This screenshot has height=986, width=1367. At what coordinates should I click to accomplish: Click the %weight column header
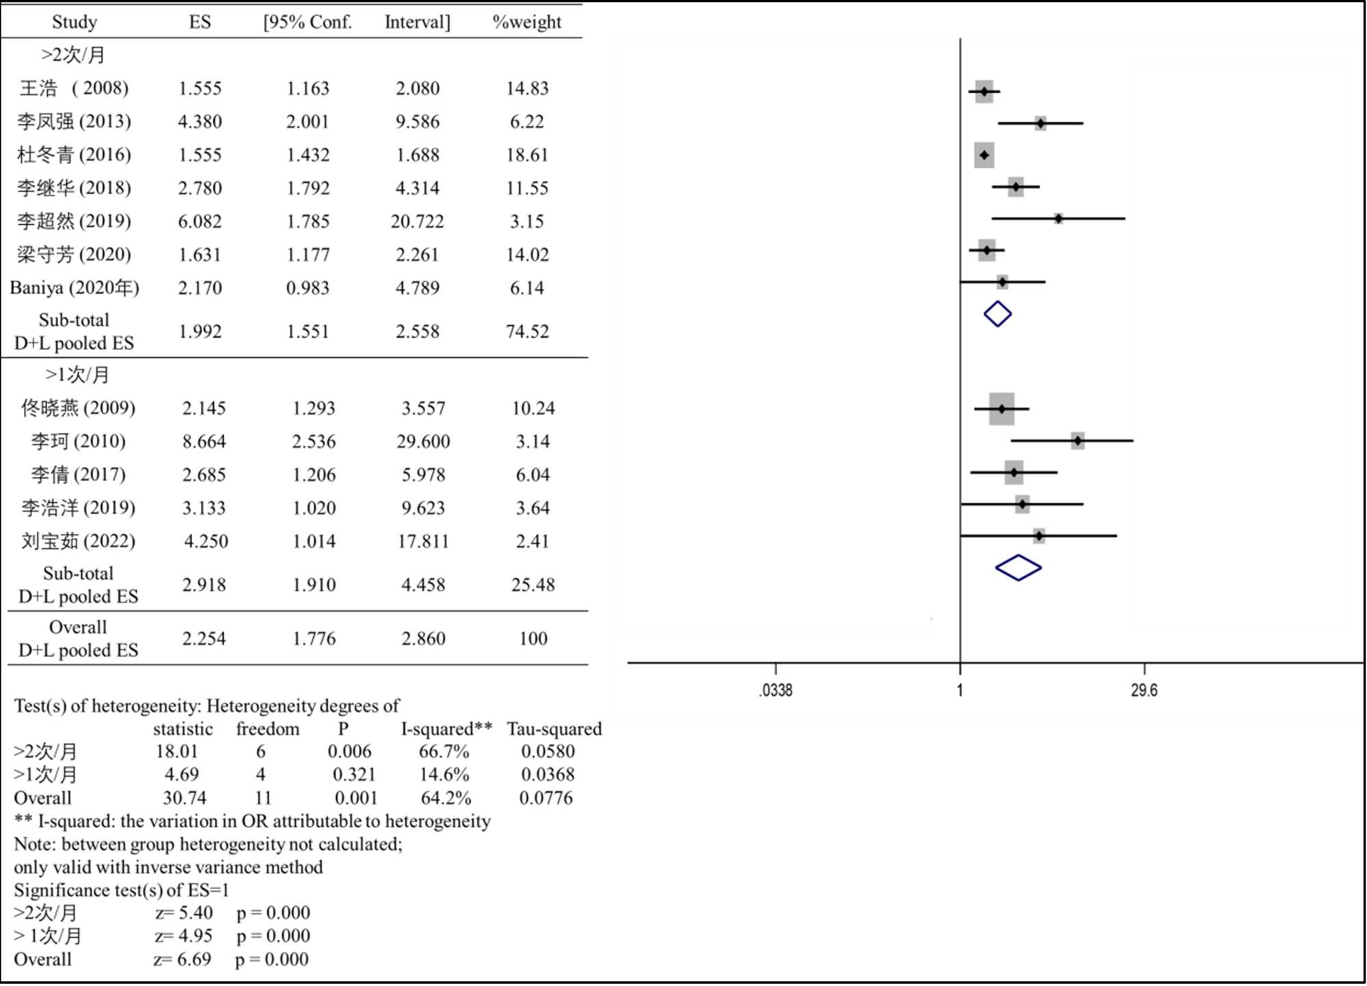[526, 22]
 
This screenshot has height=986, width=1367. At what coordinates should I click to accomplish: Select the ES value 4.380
[200, 122]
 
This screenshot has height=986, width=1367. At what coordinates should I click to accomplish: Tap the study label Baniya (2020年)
[75, 288]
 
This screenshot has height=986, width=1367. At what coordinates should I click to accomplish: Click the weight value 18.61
[527, 155]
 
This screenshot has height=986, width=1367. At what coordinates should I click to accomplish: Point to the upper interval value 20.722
[417, 222]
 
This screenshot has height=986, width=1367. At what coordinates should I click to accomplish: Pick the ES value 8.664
[204, 442]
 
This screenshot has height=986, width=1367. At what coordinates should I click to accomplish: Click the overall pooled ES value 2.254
[204, 639]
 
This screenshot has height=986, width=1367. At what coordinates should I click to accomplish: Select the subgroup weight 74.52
[527, 332]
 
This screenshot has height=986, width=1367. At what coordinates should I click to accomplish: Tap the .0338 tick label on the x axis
[776, 690]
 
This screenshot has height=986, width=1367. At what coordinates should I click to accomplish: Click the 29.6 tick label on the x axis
[1144, 690]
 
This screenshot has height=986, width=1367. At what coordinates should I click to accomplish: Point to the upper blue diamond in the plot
[997, 314]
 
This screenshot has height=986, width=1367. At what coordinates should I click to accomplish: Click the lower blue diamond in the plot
[1018, 568]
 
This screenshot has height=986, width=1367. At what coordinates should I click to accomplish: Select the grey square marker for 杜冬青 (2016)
[984, 155]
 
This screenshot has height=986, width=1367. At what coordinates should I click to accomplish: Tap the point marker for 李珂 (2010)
[1077, 441]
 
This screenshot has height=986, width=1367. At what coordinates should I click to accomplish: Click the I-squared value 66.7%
[444, 751]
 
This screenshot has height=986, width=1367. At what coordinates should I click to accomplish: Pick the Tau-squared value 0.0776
[546, 798]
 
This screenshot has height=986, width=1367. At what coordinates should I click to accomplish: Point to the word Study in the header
[75, 22]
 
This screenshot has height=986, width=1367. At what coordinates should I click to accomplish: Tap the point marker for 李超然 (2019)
[1058, 219]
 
